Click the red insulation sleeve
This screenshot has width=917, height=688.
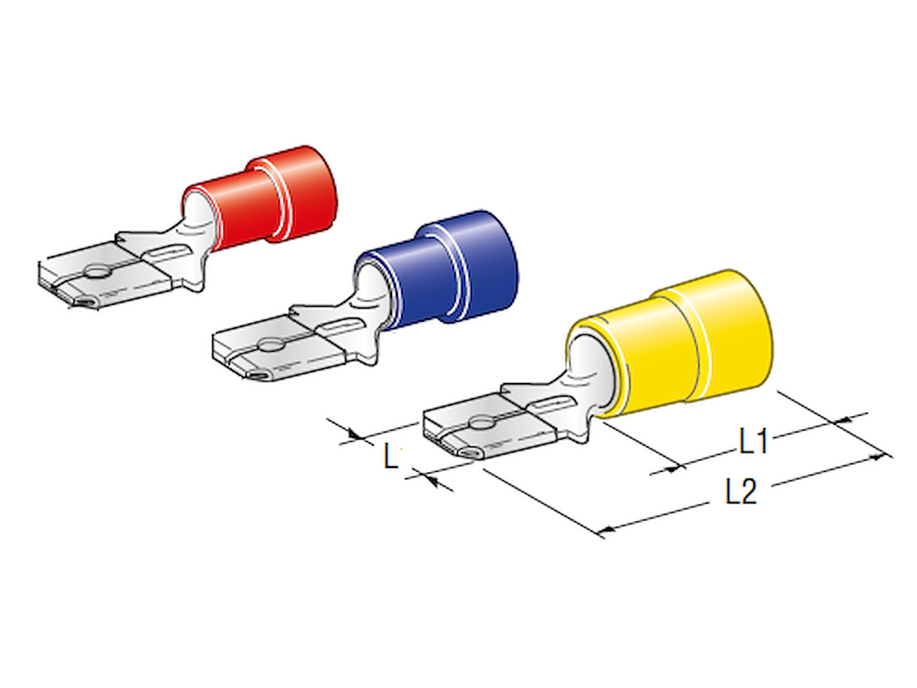[x=267, y=199]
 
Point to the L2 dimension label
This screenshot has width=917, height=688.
[x=740, y=492]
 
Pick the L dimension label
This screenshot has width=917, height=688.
[x=390, y=456]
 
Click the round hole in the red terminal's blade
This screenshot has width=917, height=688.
[x=96, y=273]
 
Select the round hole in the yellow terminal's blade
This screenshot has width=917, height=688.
[x=481, y=424]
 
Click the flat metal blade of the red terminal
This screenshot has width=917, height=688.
[x=105, y=276]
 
